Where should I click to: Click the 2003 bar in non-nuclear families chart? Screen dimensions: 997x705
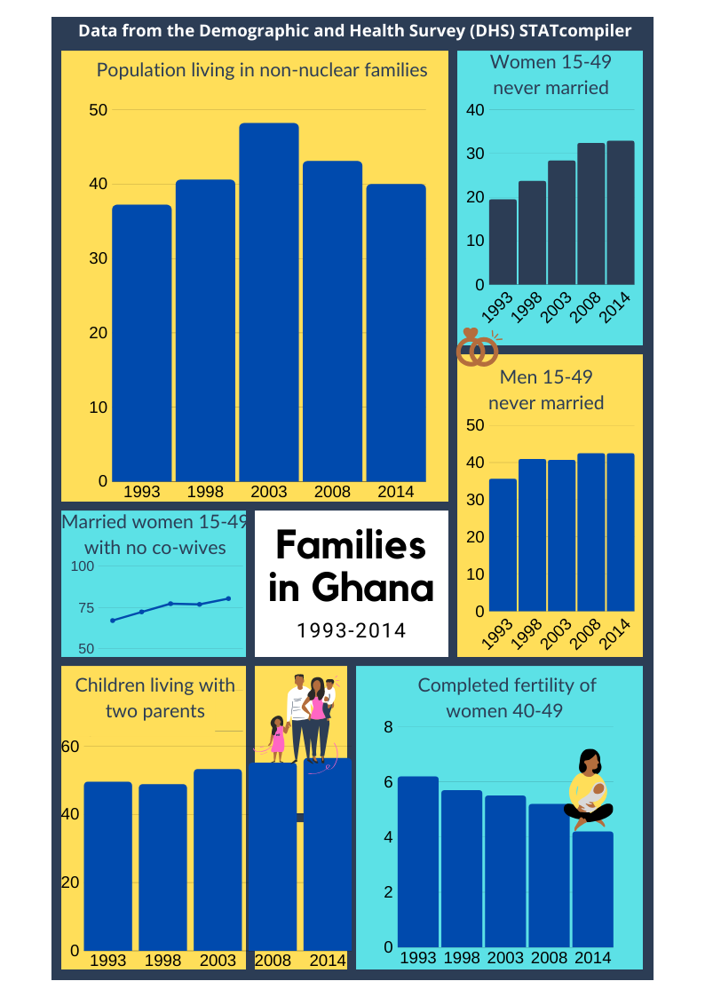[269, 302]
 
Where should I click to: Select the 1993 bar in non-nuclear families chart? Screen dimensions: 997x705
[142, 343]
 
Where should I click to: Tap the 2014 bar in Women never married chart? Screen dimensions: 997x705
[620, 213]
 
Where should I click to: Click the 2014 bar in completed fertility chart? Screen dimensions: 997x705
[592, 889]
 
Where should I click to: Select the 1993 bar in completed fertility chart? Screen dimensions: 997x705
[418, 861]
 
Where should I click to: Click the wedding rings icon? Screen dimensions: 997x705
[478, 348]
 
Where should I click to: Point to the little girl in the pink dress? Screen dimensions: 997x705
[277, 739]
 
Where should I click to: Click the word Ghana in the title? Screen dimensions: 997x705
[373, 587]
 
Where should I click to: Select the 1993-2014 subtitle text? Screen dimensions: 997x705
[352, 630]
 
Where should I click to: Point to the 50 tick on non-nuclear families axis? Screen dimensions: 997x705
[98, 110]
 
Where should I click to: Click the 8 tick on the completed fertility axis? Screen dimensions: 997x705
[388, 727]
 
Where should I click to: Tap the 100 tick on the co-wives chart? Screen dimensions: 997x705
[82, 566]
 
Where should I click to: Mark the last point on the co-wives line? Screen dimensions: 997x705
[228, 598]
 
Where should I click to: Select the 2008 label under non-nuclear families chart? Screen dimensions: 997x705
[332, 491]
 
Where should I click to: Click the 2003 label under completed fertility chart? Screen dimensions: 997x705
[505, 957]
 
